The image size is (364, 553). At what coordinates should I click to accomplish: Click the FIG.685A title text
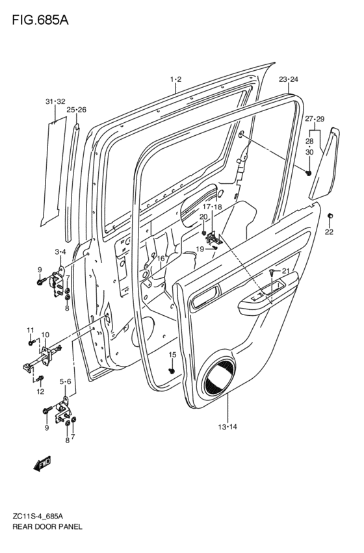point(40,20)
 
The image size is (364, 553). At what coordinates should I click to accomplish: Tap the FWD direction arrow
point(42,463)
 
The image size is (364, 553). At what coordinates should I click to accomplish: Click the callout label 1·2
point(175,79)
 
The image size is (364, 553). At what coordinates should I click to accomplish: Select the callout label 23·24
point(289,79)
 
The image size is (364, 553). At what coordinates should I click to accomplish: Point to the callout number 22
point(329,232)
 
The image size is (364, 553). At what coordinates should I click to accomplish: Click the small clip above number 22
point(330,216)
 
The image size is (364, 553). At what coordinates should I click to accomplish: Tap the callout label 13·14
point(227,427)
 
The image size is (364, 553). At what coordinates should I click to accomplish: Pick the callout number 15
point(172,354)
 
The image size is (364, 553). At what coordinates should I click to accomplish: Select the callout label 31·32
point(55,101)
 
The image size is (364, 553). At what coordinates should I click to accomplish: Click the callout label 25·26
point(76,110)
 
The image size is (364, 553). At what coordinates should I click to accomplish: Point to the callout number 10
point(45,335)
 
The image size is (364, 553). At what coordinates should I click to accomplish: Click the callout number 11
point(31,329)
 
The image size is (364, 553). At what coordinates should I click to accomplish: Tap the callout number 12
point(40,391)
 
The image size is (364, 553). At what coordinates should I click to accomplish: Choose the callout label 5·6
point(65,381)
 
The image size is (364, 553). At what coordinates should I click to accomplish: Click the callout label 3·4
point(60,251)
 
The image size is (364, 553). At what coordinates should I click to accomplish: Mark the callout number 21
point(285,271)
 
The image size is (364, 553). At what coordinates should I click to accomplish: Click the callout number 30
point(309,152)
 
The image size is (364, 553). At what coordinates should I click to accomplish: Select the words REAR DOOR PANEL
point(47,526)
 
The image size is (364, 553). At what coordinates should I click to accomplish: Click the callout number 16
point(161,259)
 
